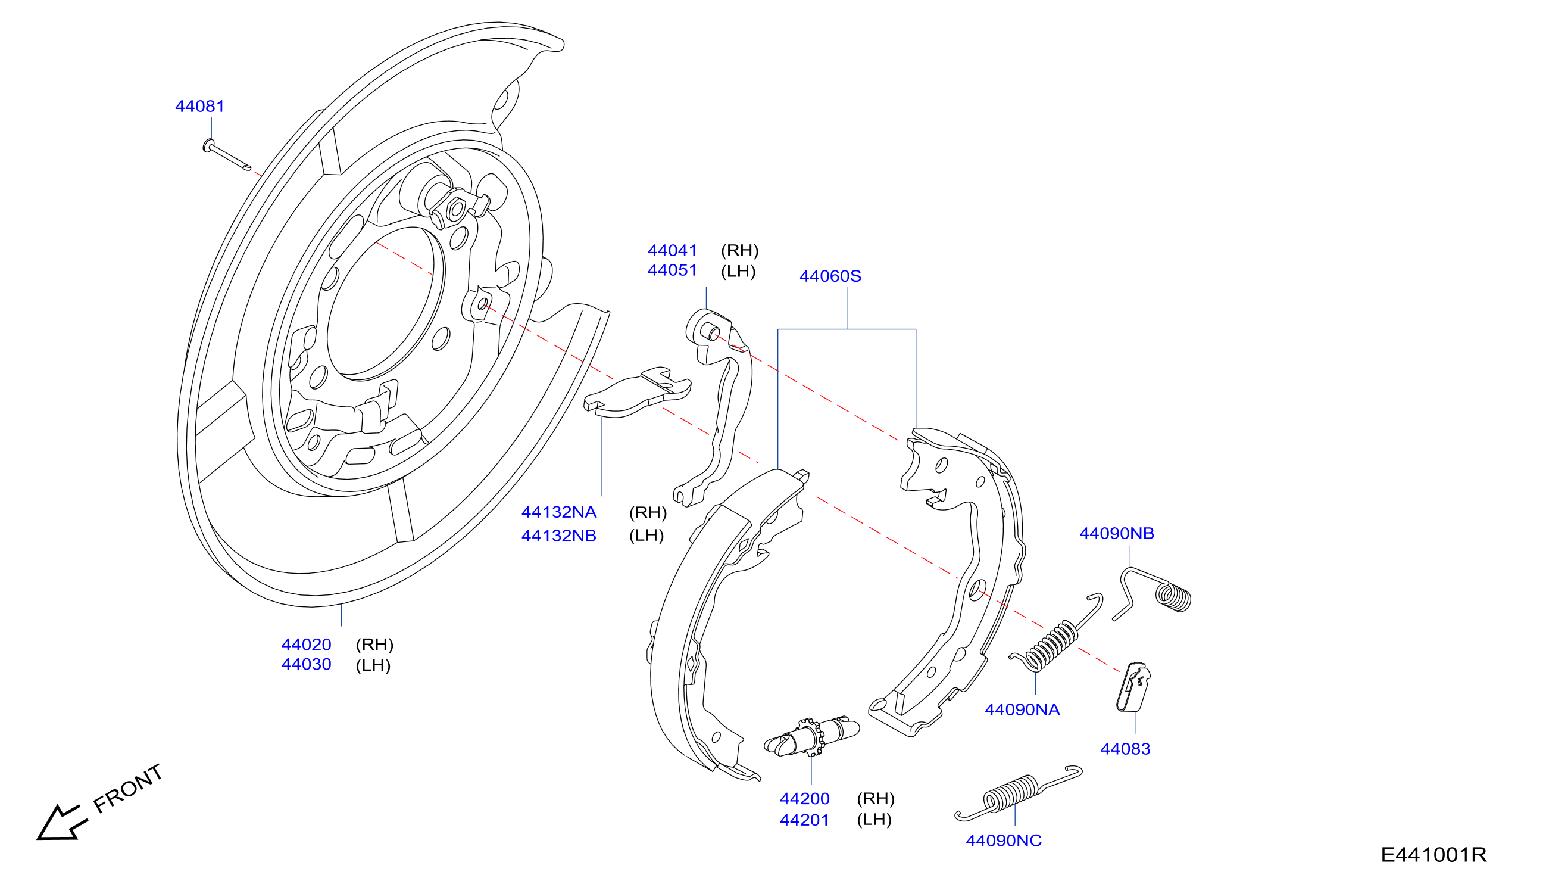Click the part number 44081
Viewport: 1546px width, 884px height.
[199, 106]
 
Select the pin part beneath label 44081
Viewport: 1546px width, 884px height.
[227, 155]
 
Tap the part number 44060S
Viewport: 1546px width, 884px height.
[830, 276]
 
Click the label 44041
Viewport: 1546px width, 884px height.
[672, 251]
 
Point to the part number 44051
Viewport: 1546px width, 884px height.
[672, 271]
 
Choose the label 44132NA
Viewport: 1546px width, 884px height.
[559, 512]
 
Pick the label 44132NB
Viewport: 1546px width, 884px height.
[559, 536]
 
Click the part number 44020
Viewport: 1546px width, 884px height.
[307, 645]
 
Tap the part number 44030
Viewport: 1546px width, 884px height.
[307, 665]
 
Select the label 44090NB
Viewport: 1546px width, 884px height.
[1116, 534]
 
